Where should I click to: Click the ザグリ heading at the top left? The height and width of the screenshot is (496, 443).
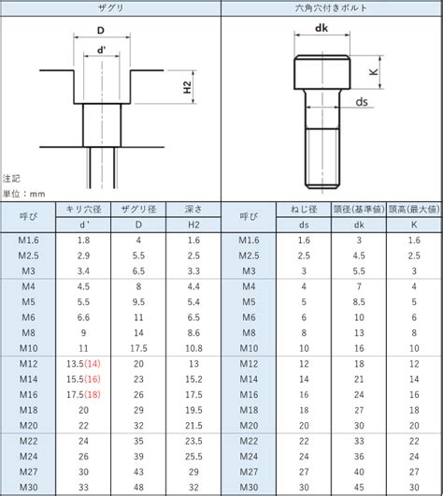pos(110,7)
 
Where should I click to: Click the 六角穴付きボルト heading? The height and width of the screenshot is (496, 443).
pos(331,7)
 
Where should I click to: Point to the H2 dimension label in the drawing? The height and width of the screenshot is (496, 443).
pos(187,87)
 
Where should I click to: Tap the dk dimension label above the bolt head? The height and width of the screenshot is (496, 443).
pos(322,28)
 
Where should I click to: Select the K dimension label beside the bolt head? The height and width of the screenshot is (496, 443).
pos(374,72)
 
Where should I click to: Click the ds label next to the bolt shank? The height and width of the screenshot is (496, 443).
pos(362,102)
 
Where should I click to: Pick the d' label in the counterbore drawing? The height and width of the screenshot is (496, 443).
pos(101,50)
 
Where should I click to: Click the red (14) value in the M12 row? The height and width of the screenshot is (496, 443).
pos(93,364)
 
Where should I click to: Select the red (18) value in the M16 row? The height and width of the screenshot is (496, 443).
pos(93,394)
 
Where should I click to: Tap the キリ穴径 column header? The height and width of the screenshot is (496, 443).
pos(83,209)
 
